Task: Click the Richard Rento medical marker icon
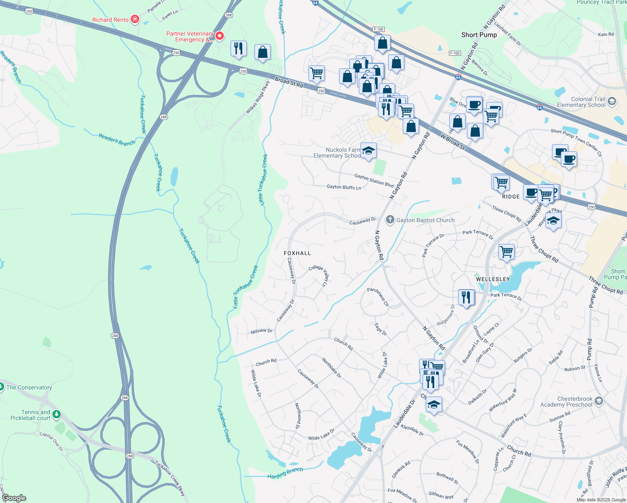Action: click(x=135, y=19)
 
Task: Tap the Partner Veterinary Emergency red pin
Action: click(x=219, y=36)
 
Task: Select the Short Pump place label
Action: click(x=479, y=35)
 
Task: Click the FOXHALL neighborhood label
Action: click(x=297, y=253)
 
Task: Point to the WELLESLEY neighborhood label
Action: click(x=493, y=279)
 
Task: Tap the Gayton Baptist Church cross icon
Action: click(x=390, y=220)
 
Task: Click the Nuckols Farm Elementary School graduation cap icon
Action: click(x=368, y=151)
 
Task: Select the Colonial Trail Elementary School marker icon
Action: click(x=612, y=101)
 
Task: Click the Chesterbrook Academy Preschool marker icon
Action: click(x=599, y=401)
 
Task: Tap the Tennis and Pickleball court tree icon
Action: click(x=56, y=415)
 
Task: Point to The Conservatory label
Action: click(x=29, y=387)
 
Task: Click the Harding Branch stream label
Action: click(x=285, y=473)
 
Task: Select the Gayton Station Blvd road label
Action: click(x=374, y=180)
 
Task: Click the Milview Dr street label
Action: click(x=262, y=331)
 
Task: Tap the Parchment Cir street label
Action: click(x=378, y=296)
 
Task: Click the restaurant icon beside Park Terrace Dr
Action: click(x=466, y=297)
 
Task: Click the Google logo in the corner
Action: click(x=14, y=498)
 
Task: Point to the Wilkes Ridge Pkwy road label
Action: click(x=258, y=97)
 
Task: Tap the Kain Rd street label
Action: click(x=606, y=34)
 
